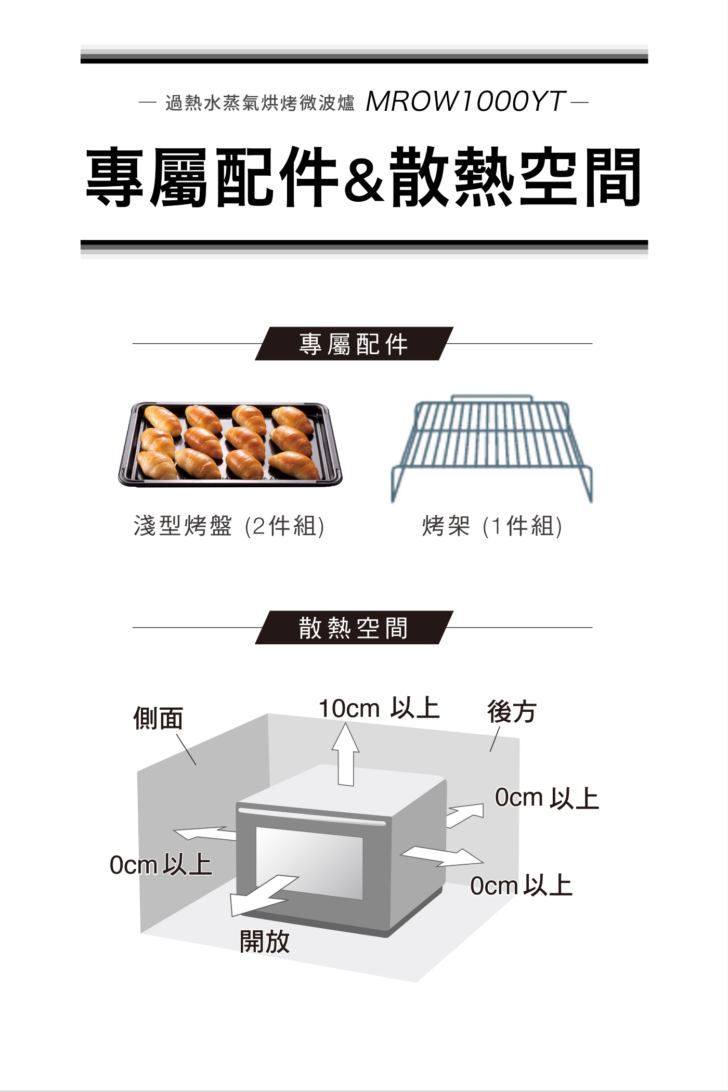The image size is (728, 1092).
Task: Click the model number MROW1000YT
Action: click(465, 101)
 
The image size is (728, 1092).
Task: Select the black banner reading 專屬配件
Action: click(354, 344)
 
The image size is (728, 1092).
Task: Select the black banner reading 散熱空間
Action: click(354, 628)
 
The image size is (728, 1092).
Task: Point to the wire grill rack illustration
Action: click(491, 447)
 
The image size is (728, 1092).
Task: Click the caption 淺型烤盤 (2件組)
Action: click(229, 526)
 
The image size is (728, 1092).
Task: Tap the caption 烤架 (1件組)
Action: click(492, 526)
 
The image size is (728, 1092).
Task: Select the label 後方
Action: click(512, 711)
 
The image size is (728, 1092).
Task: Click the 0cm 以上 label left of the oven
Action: click(161, 865)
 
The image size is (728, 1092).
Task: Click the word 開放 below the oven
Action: click(265, 941)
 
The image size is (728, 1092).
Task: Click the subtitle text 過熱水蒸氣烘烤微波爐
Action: click(259, 103)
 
